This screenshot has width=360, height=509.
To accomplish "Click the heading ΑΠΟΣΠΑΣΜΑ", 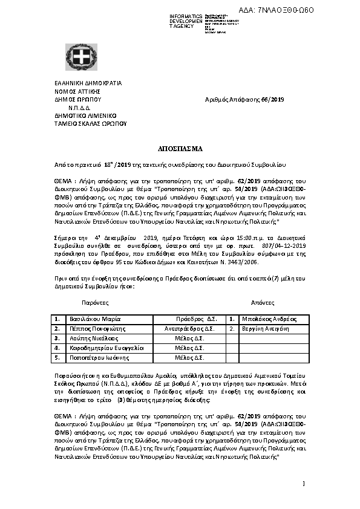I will coord(180,148).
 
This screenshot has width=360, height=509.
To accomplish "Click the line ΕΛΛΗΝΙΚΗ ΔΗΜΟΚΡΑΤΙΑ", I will coord(88,83).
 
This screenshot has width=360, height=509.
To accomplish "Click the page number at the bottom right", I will coord(303,484).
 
